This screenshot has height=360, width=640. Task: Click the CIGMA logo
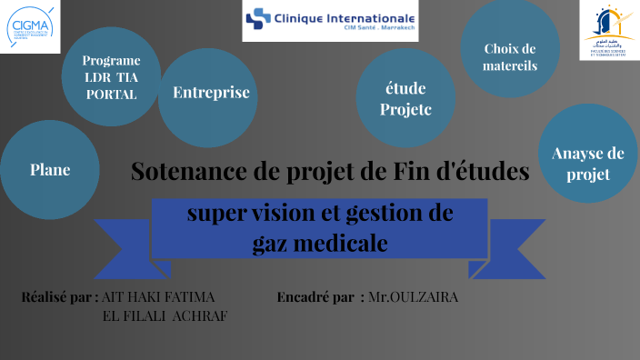[29, 27]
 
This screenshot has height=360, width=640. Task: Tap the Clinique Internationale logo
[330, 20]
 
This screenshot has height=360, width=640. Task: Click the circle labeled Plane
[49, 169]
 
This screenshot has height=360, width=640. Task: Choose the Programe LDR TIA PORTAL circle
[111, 77]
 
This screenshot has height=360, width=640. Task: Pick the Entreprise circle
[211, 92]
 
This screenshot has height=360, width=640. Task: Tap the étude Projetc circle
[405, 99]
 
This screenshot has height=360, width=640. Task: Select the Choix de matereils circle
[510, 56]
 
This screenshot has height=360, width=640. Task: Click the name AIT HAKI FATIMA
[160, 297]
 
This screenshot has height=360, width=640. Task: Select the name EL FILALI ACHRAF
[166, 315]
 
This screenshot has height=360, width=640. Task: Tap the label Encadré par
[315, 297]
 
